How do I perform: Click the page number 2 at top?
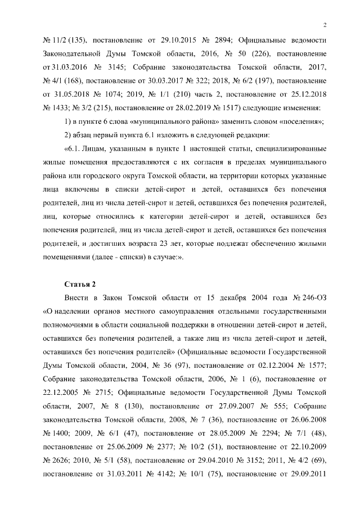[326, 25]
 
